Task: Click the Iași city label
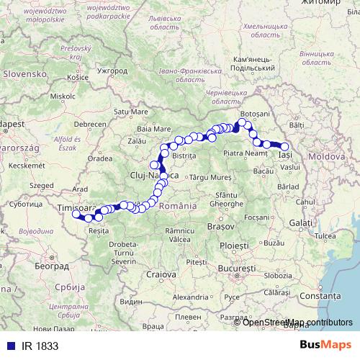(286, 155)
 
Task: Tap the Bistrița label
(184, 156)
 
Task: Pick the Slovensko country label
(25, 73)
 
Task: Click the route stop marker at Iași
(284, 147)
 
